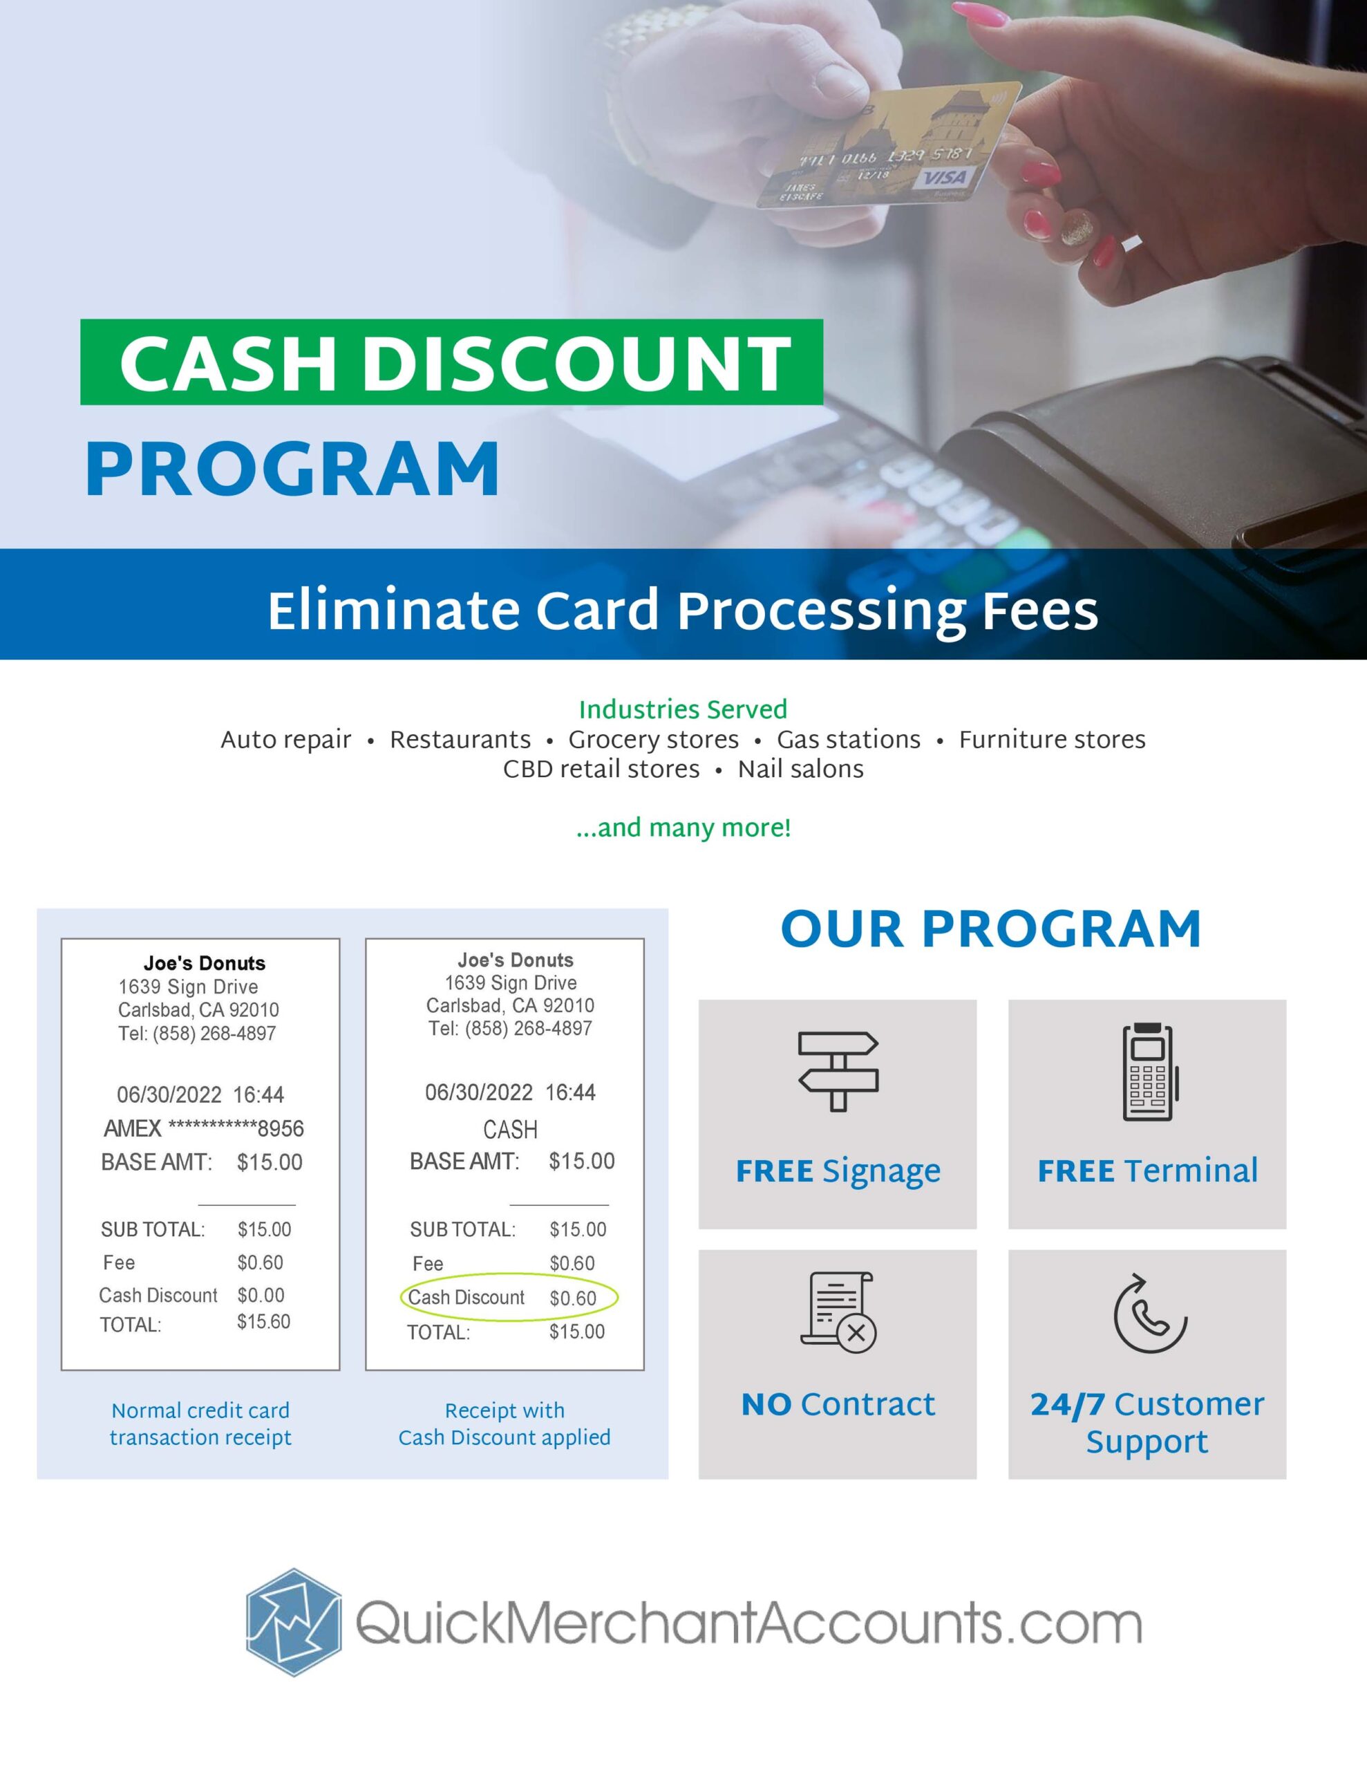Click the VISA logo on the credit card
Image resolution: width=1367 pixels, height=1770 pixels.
tap(944, 178)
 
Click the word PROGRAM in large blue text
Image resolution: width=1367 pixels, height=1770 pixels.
tap(292, 469)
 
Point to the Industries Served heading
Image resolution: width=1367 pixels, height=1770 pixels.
tap(683, 710)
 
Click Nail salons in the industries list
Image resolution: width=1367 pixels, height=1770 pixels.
tap(800, 769)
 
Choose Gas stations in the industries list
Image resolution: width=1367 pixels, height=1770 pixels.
tap(849, 740)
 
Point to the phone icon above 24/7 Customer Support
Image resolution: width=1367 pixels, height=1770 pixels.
tap(1149, 1314)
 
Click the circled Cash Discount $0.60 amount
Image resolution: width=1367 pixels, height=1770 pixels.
tap(573, 1298)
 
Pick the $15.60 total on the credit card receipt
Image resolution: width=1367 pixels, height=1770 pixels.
tap(263, 1322)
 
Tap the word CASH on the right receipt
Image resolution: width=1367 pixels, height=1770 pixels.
tap(511, 1129)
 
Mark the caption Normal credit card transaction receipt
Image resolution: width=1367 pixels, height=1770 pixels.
tap(200, 1424)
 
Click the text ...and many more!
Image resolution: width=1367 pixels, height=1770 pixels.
tap(683, 828)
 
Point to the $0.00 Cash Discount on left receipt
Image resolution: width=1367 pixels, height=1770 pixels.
tap(261, 1295)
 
